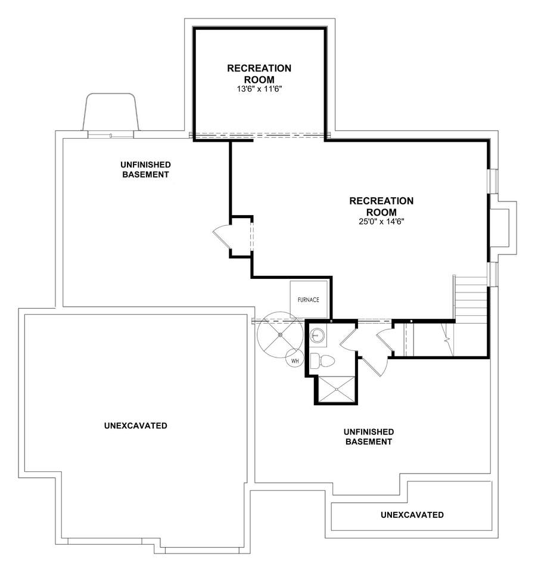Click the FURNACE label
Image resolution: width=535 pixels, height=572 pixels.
[x=308, y=300]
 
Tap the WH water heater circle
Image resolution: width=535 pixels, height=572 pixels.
[x=295, y=361]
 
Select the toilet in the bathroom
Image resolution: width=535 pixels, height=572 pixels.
[x=322, y=361]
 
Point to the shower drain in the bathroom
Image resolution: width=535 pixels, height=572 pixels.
[x=337, y=389]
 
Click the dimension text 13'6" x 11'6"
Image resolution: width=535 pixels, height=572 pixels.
[x=259, y=89]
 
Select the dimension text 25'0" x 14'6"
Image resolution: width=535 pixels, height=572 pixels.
[x=381, y=222]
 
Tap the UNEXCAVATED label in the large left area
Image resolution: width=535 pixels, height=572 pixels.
[x=136, y=425]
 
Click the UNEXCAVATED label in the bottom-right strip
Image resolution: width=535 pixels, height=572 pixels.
[x=412, y=515]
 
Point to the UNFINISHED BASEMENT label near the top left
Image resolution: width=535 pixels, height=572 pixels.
[x=145, y=170]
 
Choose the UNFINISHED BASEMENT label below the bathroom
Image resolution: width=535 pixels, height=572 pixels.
[x=369, y=437]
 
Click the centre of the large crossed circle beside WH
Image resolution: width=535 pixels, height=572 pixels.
[x=280, y=334]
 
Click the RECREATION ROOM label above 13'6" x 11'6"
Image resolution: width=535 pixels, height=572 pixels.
[x=259, y=74]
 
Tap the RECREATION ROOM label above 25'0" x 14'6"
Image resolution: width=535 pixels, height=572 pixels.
[x=381, y=207]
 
